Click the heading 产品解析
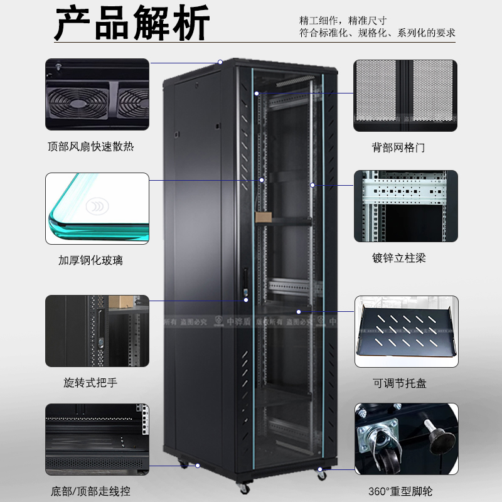click(x=132, y=25)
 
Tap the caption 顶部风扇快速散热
click(x=91, y=147)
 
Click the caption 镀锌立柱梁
click(x=398, y=258)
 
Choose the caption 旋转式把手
click(x=91, y=382)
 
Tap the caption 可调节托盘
click(x=398, y=383)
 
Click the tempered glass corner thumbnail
click(x=97, y=208)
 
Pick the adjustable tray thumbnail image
click(x=406, y=331)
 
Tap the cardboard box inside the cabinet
click(x=262, y=216)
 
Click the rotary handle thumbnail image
click(x=97, y=331)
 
